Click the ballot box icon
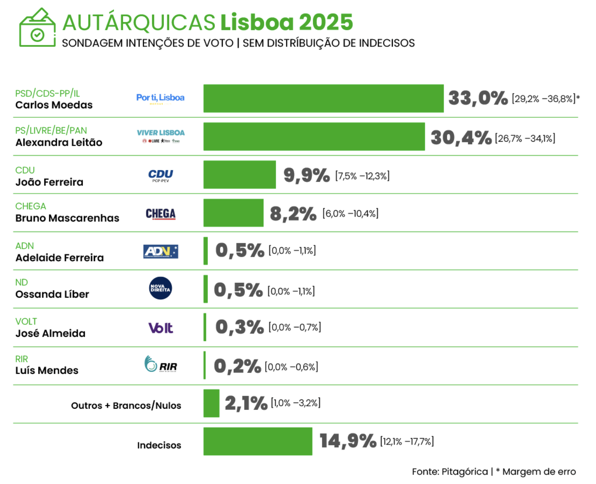[x=37, y=28]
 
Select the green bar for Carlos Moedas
[x=323, y=98]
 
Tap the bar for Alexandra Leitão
[x=314, y=137]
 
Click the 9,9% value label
[x=307, y=175]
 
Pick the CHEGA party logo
[x=161, y=214]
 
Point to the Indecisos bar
[x=258, y=441]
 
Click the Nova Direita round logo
[x=161, y=288]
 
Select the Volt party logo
[x=161, y=328]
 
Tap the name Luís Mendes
[x=47, y=370]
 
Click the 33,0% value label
[x=478, y=98]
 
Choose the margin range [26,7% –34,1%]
[x=525, y=138]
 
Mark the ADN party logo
[x=161, y=251]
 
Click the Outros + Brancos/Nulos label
[x=126, y=405]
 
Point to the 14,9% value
[x=348, y=441]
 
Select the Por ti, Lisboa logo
[x=161, y=98]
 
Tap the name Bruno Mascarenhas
[x=67, y=218]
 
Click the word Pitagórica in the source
[x=464, y=472]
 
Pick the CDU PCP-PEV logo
[x=161, y=175]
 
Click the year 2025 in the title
[x=326, y=22]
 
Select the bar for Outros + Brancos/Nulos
[x=211, y=403]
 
